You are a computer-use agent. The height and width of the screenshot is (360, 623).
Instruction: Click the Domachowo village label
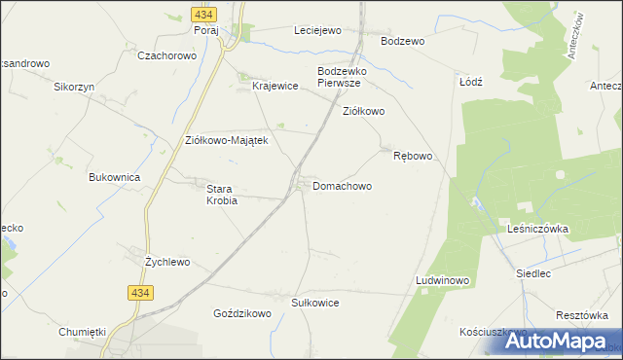coord(342,185)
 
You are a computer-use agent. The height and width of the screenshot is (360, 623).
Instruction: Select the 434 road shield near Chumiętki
coord(137,292)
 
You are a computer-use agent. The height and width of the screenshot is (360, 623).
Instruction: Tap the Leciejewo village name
coord(317,30)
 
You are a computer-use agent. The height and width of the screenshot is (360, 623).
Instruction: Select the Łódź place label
coord(471,82)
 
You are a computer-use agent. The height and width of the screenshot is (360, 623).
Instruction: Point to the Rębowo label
coord(412,156)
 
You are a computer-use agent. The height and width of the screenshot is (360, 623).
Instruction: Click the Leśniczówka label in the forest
coord(537,229)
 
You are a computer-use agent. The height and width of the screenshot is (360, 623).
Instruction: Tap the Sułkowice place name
coord(315,303)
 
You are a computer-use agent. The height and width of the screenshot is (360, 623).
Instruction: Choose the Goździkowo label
coord(241,314)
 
